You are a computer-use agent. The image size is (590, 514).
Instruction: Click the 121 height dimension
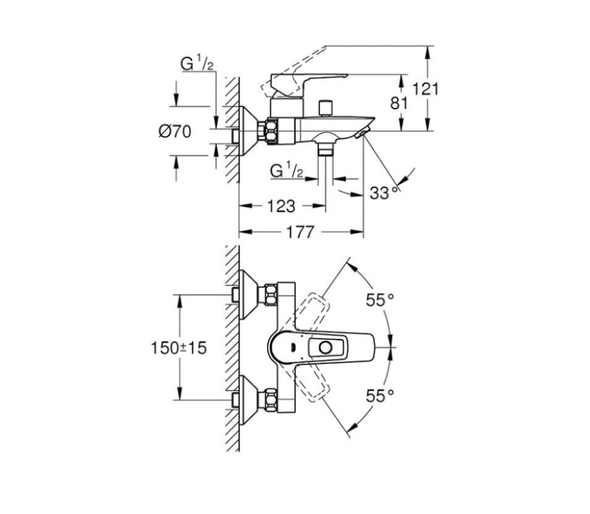click(425, 89)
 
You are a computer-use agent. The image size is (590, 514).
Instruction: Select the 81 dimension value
click(399, 102)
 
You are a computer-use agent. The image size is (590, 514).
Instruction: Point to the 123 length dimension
click(281, 206)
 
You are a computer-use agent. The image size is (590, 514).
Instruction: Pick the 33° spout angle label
click(385, 193)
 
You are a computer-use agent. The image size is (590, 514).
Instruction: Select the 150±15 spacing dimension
click(179, 348)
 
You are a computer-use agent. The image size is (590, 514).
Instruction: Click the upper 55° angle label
click(380, 300)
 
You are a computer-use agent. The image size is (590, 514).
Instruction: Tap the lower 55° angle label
click(380, 396)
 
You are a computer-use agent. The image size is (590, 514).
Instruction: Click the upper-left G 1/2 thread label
click(197, 63)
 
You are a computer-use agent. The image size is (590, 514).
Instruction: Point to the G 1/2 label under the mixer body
click(287, 171)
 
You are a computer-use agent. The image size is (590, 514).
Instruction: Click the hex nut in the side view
click(269, 131)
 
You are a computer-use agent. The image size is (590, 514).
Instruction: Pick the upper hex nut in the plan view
click(269, 295)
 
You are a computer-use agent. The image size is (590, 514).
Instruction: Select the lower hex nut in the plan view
click(269, 401)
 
